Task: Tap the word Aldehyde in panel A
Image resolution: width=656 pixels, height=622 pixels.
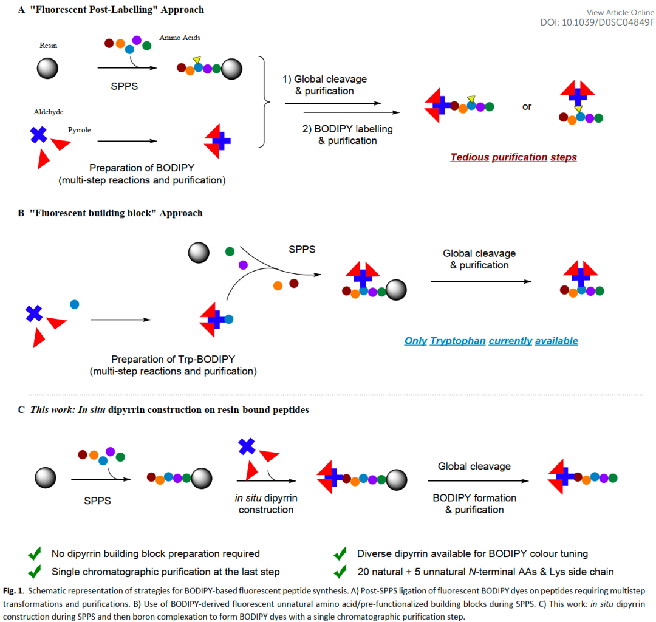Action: (49, 112)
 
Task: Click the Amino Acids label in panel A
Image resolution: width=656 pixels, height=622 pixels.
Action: (180, 38)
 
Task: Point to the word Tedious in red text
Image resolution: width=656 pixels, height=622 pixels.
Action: (470, 157)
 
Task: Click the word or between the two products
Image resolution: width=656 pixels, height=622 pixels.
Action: (527, 106)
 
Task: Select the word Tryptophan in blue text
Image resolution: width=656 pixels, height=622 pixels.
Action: (457, 341)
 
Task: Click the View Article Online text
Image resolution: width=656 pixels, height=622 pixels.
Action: (620, 13)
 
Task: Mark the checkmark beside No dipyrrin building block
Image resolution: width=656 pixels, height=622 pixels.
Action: (35, 554)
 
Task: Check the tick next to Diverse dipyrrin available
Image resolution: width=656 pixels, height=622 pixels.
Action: (340, 554)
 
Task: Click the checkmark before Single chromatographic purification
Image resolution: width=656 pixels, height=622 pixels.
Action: (35, 572)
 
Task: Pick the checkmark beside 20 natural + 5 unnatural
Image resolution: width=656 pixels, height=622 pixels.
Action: (340, 572)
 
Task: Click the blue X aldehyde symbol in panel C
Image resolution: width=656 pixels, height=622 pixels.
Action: (246, 447)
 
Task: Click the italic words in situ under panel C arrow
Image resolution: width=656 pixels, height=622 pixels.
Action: (248, 498)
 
